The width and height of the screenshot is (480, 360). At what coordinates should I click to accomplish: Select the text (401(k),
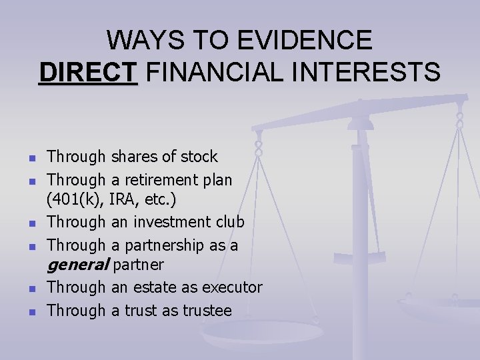73,199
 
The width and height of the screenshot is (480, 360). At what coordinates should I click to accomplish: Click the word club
229,222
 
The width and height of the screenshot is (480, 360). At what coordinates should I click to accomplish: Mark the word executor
232,287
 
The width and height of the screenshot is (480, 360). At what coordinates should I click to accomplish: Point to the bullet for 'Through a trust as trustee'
31,312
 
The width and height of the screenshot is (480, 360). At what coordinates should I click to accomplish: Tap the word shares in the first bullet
135,157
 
